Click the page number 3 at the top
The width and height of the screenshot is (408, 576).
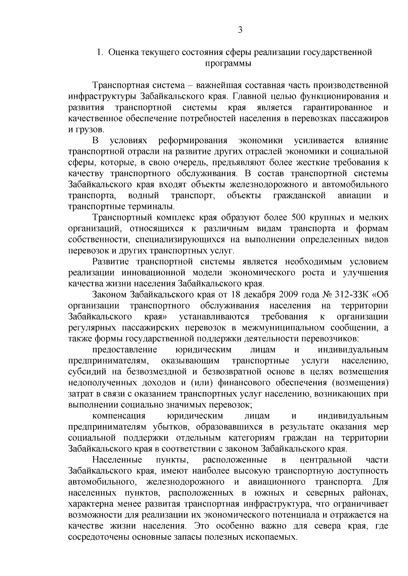(x=240, y=30)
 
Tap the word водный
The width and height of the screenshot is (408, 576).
(x=143, y=196)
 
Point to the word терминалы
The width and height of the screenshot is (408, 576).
(x=151, y=207)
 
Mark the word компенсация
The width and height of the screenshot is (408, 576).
(x=119, y=416)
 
